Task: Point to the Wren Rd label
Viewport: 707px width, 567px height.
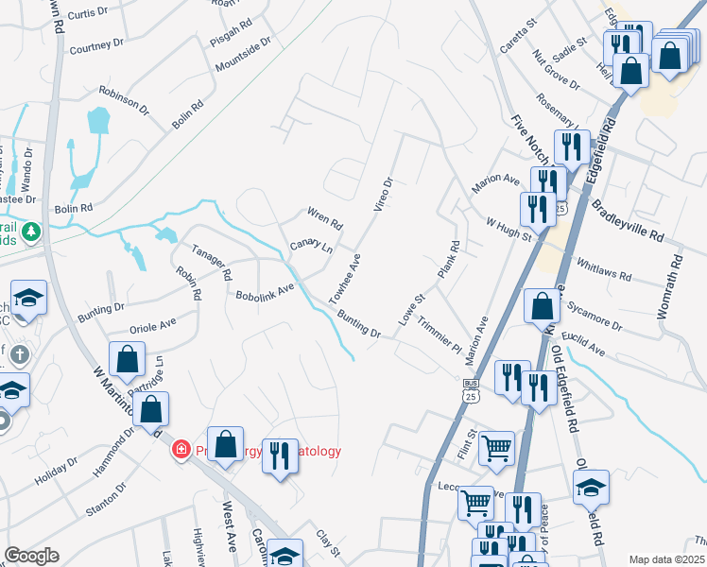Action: tap(324, 219)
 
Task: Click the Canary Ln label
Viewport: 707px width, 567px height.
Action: tap(311, 247)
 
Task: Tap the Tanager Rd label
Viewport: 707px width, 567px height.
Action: tap(213, 262)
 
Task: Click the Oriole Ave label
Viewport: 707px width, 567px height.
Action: tap(152, 326)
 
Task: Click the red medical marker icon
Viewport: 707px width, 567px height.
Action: tap(180, 450)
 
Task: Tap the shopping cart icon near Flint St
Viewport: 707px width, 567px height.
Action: tap(496, 448)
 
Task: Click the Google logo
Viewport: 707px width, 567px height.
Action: tap(31, 556)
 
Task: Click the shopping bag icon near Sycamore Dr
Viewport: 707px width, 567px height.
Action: tap(542, 306)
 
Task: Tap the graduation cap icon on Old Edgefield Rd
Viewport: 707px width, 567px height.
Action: tap(591, 487)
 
